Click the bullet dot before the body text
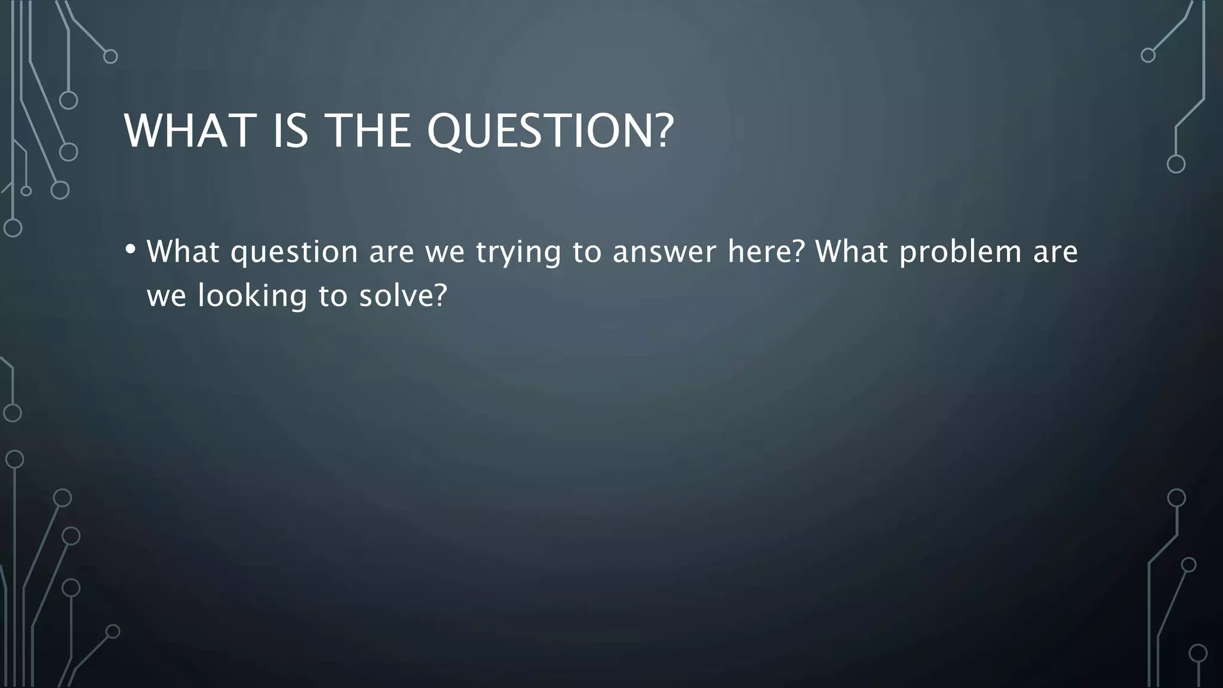pyautogui.click(x=130, y=249)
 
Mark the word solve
pyautogui.click(x=403, y=296)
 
